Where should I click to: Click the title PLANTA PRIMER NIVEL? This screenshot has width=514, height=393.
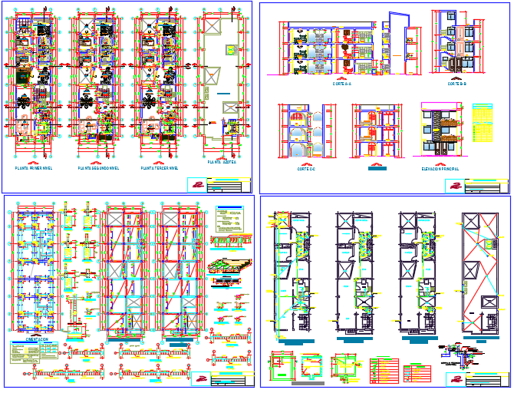pyautogui.click(x=34, y=167)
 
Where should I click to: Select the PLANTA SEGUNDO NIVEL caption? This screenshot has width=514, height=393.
pyautogui.click(x=97, y=167)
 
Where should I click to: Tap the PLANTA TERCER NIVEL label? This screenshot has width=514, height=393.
pyautogui.click(x=160, y=167)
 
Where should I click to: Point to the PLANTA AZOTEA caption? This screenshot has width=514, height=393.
pyautogui.click(x=222, y=163)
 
